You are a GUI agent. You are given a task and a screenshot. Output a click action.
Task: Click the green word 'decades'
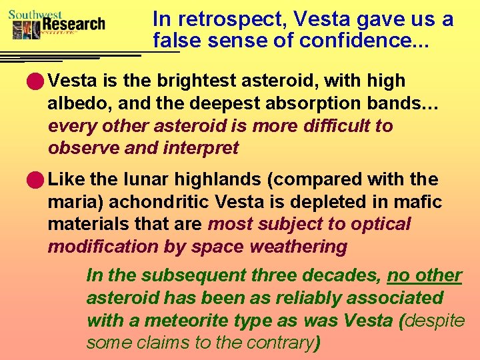[340, 275]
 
